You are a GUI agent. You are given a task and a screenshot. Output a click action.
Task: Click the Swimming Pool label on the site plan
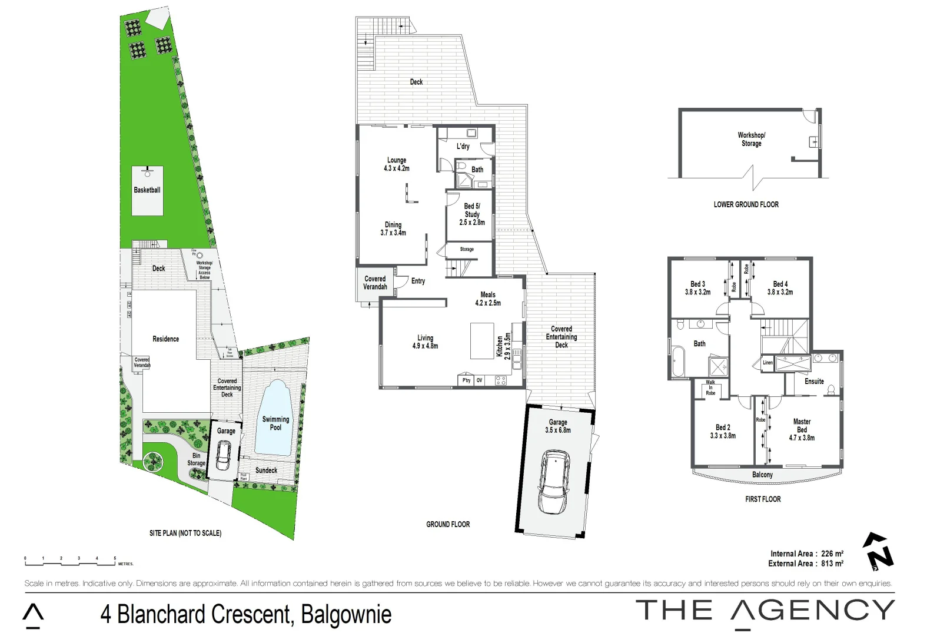click(275, 423)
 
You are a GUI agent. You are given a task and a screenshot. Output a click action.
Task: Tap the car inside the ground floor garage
click(554, 482)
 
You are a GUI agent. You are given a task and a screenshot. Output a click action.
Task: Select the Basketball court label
click(147, 190)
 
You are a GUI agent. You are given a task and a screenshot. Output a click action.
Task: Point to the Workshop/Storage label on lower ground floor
click(751, 139)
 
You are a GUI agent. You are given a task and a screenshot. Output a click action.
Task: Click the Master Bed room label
click(802, 429)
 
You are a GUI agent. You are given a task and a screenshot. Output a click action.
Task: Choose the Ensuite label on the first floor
click(814, 382)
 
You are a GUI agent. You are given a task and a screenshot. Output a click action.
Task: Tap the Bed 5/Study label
click(472, 214)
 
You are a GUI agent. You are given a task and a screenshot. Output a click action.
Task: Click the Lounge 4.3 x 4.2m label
click(396, 164)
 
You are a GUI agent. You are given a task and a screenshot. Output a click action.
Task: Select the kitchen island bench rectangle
click(481, 340)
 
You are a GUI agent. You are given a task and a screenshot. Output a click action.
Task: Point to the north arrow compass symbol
click(878, 551)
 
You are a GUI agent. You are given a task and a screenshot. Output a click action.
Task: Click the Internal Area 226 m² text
click(806, 554)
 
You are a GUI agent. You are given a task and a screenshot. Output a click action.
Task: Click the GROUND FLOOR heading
click(448, 524)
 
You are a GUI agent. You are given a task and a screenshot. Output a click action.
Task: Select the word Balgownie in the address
click(346, 614)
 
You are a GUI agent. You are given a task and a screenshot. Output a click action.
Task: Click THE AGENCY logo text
click(765, 611)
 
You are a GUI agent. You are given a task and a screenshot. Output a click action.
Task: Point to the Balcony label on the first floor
click(762, 475)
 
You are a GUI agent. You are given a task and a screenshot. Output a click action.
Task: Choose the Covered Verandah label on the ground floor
click(375, 283)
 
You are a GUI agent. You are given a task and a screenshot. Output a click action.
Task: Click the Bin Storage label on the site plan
click(196, 459)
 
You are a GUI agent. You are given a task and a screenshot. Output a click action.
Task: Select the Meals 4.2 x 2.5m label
click(488, 299)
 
